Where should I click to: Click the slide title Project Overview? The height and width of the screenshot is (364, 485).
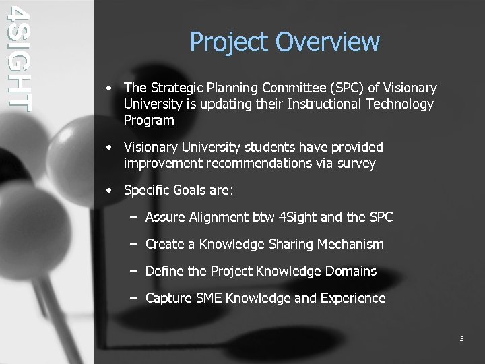coord(284,42)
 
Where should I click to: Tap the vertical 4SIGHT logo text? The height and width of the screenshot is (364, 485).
coord(18,57)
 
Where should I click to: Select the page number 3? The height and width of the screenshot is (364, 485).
coord(461,338)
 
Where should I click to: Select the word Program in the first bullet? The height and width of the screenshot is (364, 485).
coord(149,121)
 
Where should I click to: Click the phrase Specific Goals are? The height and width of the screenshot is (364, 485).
coord(179,190)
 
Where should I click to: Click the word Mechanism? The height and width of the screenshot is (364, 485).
coord(350,244)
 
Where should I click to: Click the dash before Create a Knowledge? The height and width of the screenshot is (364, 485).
coord(133,244)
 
